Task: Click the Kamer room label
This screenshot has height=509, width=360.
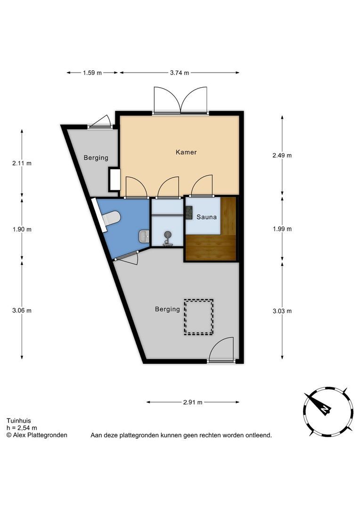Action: (186, 152)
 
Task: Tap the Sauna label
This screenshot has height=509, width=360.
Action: (207, 217)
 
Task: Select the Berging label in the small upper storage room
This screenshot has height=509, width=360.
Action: (96, 158)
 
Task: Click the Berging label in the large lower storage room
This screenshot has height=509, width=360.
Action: (167, 309)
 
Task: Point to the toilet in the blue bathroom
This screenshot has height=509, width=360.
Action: (112, 218)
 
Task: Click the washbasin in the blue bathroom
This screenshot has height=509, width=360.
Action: (144, 236)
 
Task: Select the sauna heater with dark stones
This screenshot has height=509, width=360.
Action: (189, 213)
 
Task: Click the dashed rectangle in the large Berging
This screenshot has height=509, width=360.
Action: (198, 317)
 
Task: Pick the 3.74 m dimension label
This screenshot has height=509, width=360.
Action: (179, 73)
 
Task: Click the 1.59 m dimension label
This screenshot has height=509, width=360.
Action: (92, 73)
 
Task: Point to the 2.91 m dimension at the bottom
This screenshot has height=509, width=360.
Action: (193, 402)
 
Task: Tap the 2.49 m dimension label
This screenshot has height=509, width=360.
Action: (282, 156)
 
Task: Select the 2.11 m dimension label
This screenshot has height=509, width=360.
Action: (22, 163)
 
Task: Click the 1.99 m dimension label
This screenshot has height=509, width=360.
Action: (282, 229)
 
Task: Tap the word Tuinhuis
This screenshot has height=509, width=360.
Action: (18, 420)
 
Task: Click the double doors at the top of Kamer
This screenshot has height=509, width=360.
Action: (180, 101)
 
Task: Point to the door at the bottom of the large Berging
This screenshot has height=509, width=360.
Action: (221, 351)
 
